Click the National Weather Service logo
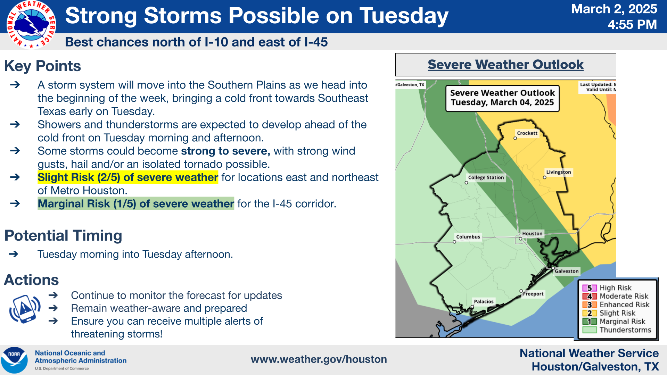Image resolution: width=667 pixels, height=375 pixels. pyautogui.click(x=31, y=25)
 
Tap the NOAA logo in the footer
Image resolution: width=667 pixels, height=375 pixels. pyautogui.click(x=14, y=360)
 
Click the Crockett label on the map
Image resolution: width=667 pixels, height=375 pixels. pyautogui.click(x=527, y=133)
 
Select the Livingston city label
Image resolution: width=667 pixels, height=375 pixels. pyautogui.click(x=558, y=172)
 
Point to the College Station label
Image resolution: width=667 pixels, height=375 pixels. pyautogui.click(x=486, y=177)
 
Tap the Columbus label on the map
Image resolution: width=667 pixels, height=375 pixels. pyautogui.click(x=468, y=237)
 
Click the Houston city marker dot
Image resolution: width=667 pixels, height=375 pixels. pyautogui.click(x=520, y=239)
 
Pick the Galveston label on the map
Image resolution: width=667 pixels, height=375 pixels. pyautogui.click(x=567, y=271)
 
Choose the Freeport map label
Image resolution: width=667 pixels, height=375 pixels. pyautogui.click(x=533, y=294)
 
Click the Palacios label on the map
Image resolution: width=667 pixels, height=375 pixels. pyautogui.click(x=484, y=301)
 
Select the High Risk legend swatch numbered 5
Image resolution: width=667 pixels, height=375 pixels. pyautogui.click(x=590, y=288)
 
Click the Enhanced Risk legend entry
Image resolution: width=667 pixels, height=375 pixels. pyautogui.click(x=616, y=305)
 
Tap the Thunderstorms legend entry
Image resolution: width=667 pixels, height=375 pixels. pyautogui.click(x=617, y=330)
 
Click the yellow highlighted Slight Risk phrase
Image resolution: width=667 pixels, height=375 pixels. pyautogui.click(x=128, y=177)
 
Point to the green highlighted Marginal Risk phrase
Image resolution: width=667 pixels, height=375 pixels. pyautogui.click(x=136, y=203)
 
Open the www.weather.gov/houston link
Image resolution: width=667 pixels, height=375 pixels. pyautogui.click(x=319, y=359)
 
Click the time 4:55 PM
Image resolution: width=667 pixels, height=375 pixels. pyautogui.click(x=632, y=25)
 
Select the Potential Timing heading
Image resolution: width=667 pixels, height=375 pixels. pyautogui.click(x=63, y=235)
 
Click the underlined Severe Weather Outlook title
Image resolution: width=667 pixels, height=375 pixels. pyautogui.click(x=505, y=65)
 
